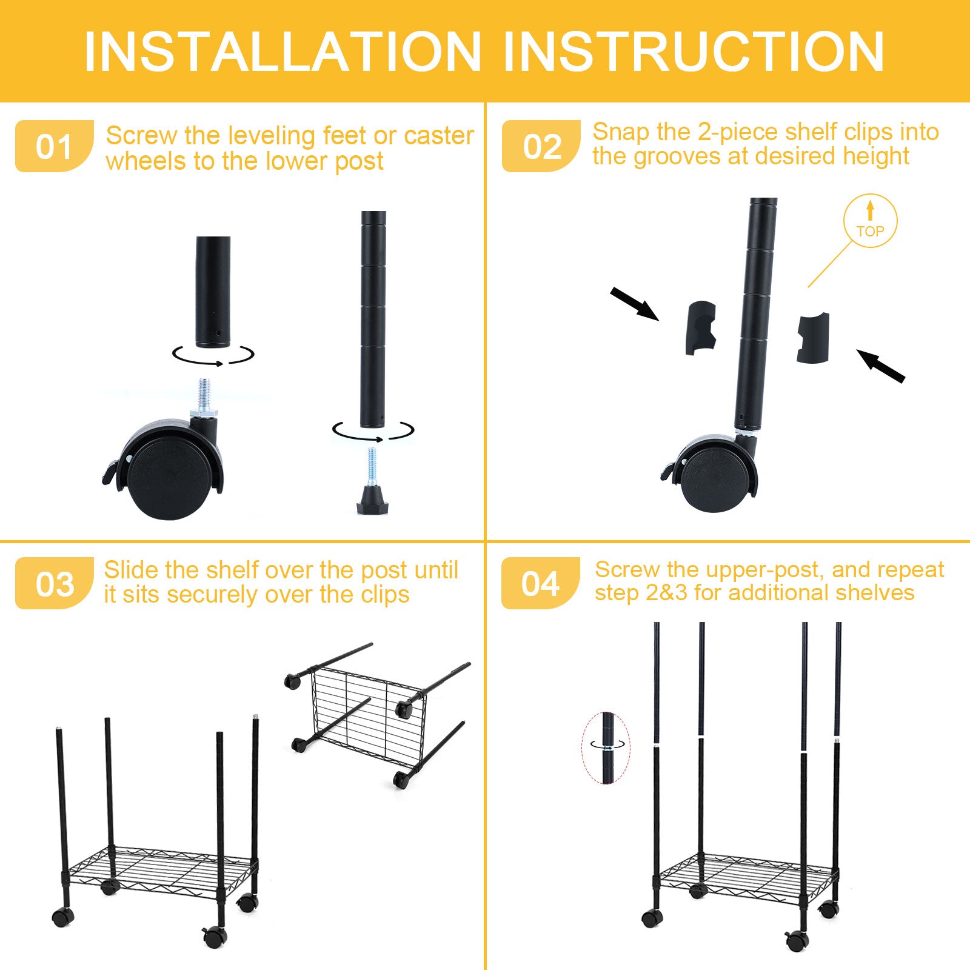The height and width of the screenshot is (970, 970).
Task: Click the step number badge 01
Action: click(54, 147)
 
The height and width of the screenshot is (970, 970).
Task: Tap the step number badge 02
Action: click(541, 147)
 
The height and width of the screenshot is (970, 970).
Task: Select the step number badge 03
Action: click(54, 584)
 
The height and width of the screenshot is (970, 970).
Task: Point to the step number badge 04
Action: click(540, 583)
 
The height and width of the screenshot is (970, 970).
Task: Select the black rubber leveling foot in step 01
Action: click(372, 498)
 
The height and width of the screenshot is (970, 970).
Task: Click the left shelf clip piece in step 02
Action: click(701, 327)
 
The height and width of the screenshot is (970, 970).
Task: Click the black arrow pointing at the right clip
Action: click(881, 366)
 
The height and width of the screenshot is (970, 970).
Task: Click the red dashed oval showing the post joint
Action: click(606, 748)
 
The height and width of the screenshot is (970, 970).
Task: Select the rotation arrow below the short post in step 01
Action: click(213, 355)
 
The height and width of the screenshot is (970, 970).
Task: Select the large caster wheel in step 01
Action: click(167, 473)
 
